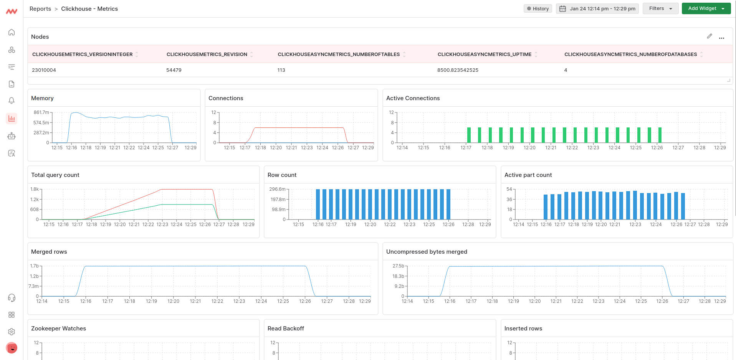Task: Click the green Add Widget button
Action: [705, 8]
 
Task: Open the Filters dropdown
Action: [660, 8]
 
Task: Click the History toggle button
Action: [538, 8]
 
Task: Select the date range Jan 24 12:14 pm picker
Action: [597, 8]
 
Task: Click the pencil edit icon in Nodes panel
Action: [709, 36]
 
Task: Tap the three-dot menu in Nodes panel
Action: [721, 37]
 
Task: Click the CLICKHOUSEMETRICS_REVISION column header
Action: [207, 54]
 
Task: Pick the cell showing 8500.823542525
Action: [458, 70]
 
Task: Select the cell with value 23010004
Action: [44, 70]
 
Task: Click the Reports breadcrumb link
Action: [40, 8]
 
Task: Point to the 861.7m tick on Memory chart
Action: [41, 112]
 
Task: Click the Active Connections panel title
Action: [413, 98]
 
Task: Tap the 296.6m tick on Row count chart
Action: [277, 189]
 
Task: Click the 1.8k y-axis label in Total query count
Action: [35, 189]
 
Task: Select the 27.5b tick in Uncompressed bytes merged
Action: [398, 266]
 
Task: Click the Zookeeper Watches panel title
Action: [58, 329]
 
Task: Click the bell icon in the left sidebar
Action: [12, 101]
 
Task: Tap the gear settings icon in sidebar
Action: [12, 332]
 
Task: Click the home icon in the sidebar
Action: [12, 32]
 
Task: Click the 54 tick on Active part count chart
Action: [509, 189]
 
